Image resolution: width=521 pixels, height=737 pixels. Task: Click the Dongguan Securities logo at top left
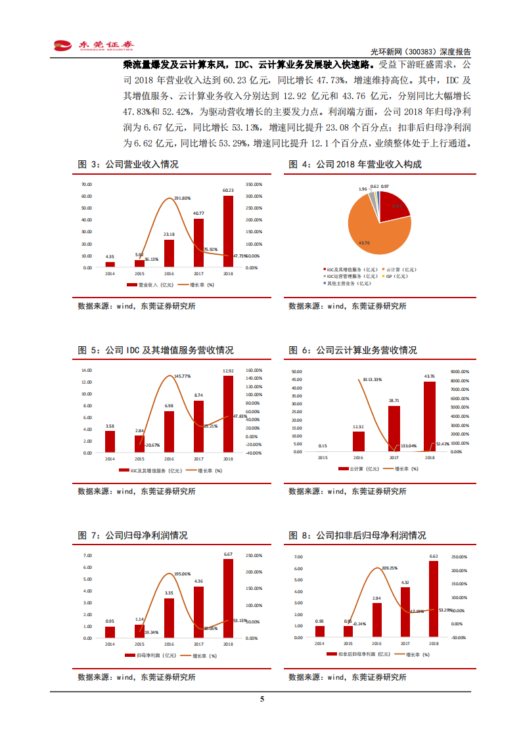[93, 45]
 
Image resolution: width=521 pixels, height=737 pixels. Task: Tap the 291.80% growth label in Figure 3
[182, 198]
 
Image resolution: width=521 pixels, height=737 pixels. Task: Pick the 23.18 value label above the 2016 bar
[169, 234]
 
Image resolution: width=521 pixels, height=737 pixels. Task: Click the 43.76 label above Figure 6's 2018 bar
[429, 376]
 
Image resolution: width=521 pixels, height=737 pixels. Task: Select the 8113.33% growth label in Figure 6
[372, 380]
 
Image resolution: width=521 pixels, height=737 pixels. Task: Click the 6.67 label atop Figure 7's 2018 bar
[228, 554]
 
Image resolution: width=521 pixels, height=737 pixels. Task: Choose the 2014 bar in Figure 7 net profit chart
[110, 632]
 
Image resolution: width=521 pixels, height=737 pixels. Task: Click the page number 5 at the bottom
[261, 699]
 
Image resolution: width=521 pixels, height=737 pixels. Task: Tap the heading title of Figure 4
[355, 165]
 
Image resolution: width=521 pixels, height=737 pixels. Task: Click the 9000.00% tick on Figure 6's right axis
[459, 370]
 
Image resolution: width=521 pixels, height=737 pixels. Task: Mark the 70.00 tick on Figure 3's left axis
[87, 184]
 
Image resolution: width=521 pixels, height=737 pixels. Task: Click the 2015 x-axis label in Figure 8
[348, 644]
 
